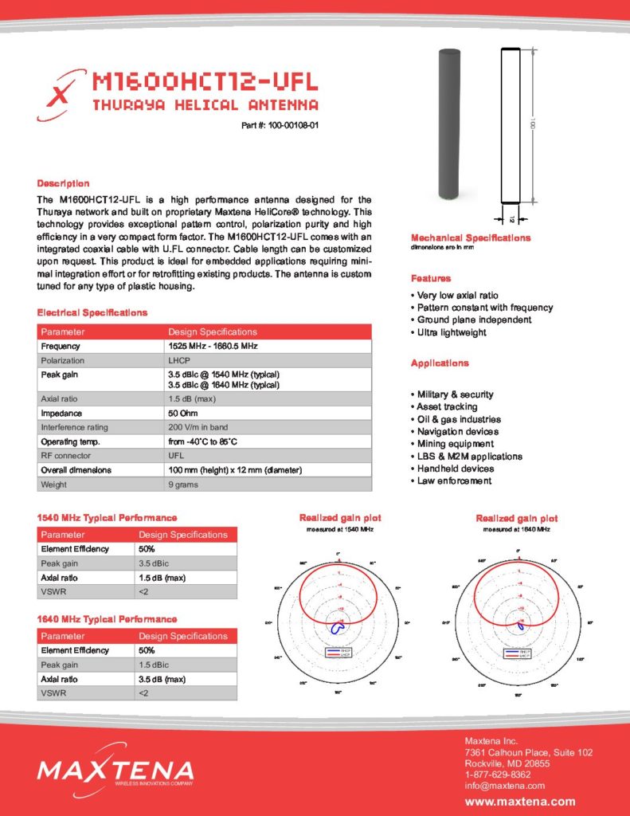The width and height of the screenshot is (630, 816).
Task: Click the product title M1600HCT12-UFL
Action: coord(205,81)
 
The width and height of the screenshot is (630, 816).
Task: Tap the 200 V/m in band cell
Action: coord(198,427)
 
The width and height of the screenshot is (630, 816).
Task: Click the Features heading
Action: coord(431,278)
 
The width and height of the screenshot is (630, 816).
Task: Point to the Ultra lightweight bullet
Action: coord(451,332)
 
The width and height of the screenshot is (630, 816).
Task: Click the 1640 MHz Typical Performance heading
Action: coord(107,619)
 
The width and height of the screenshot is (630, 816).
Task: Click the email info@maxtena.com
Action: coord(504,786)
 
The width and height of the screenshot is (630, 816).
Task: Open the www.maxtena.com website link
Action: coord(519,802)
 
